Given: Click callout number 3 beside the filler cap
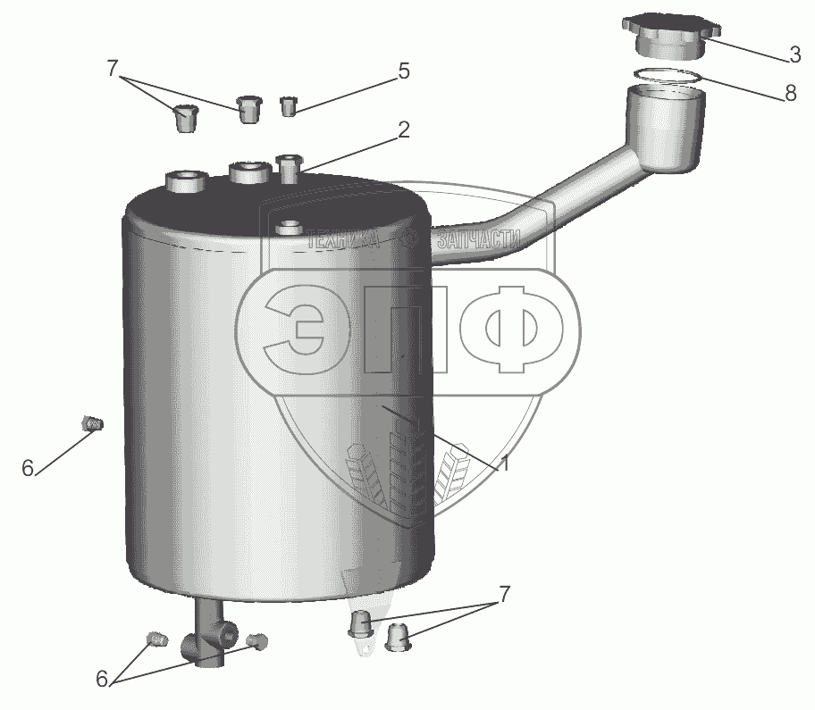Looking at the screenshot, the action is point(794,54).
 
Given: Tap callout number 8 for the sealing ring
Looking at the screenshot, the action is point(790,94).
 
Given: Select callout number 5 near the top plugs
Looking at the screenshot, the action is point(404,71).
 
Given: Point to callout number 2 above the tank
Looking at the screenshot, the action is point(404,129).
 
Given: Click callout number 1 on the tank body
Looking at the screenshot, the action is point(504,464).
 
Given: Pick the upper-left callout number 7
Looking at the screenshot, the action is point(113,69).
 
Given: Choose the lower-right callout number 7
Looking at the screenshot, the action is point(504,594).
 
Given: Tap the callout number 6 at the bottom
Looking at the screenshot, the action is point(102,679).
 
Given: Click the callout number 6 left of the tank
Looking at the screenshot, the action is point(28,469).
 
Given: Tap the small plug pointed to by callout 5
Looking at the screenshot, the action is point(289,106).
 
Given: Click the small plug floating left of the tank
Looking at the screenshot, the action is point(93,423).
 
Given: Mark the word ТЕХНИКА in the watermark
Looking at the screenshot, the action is point(343,240).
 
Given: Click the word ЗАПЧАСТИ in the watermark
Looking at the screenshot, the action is point(479,239).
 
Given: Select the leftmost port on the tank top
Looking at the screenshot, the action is point(186,181).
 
